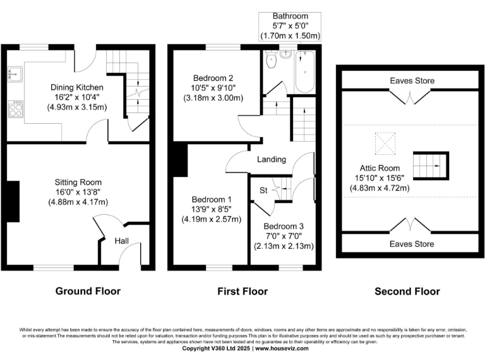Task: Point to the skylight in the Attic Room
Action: tap(385, 143)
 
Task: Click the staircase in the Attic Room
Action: tap(430, 166)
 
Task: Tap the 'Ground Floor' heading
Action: tap(88, 291)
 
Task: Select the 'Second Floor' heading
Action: tap(407, 291)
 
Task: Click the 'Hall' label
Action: tap(123, 241)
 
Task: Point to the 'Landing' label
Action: tap(271, 160)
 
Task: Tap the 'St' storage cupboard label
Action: tap(263, 189)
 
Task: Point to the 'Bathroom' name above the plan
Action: tap(290, 15)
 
